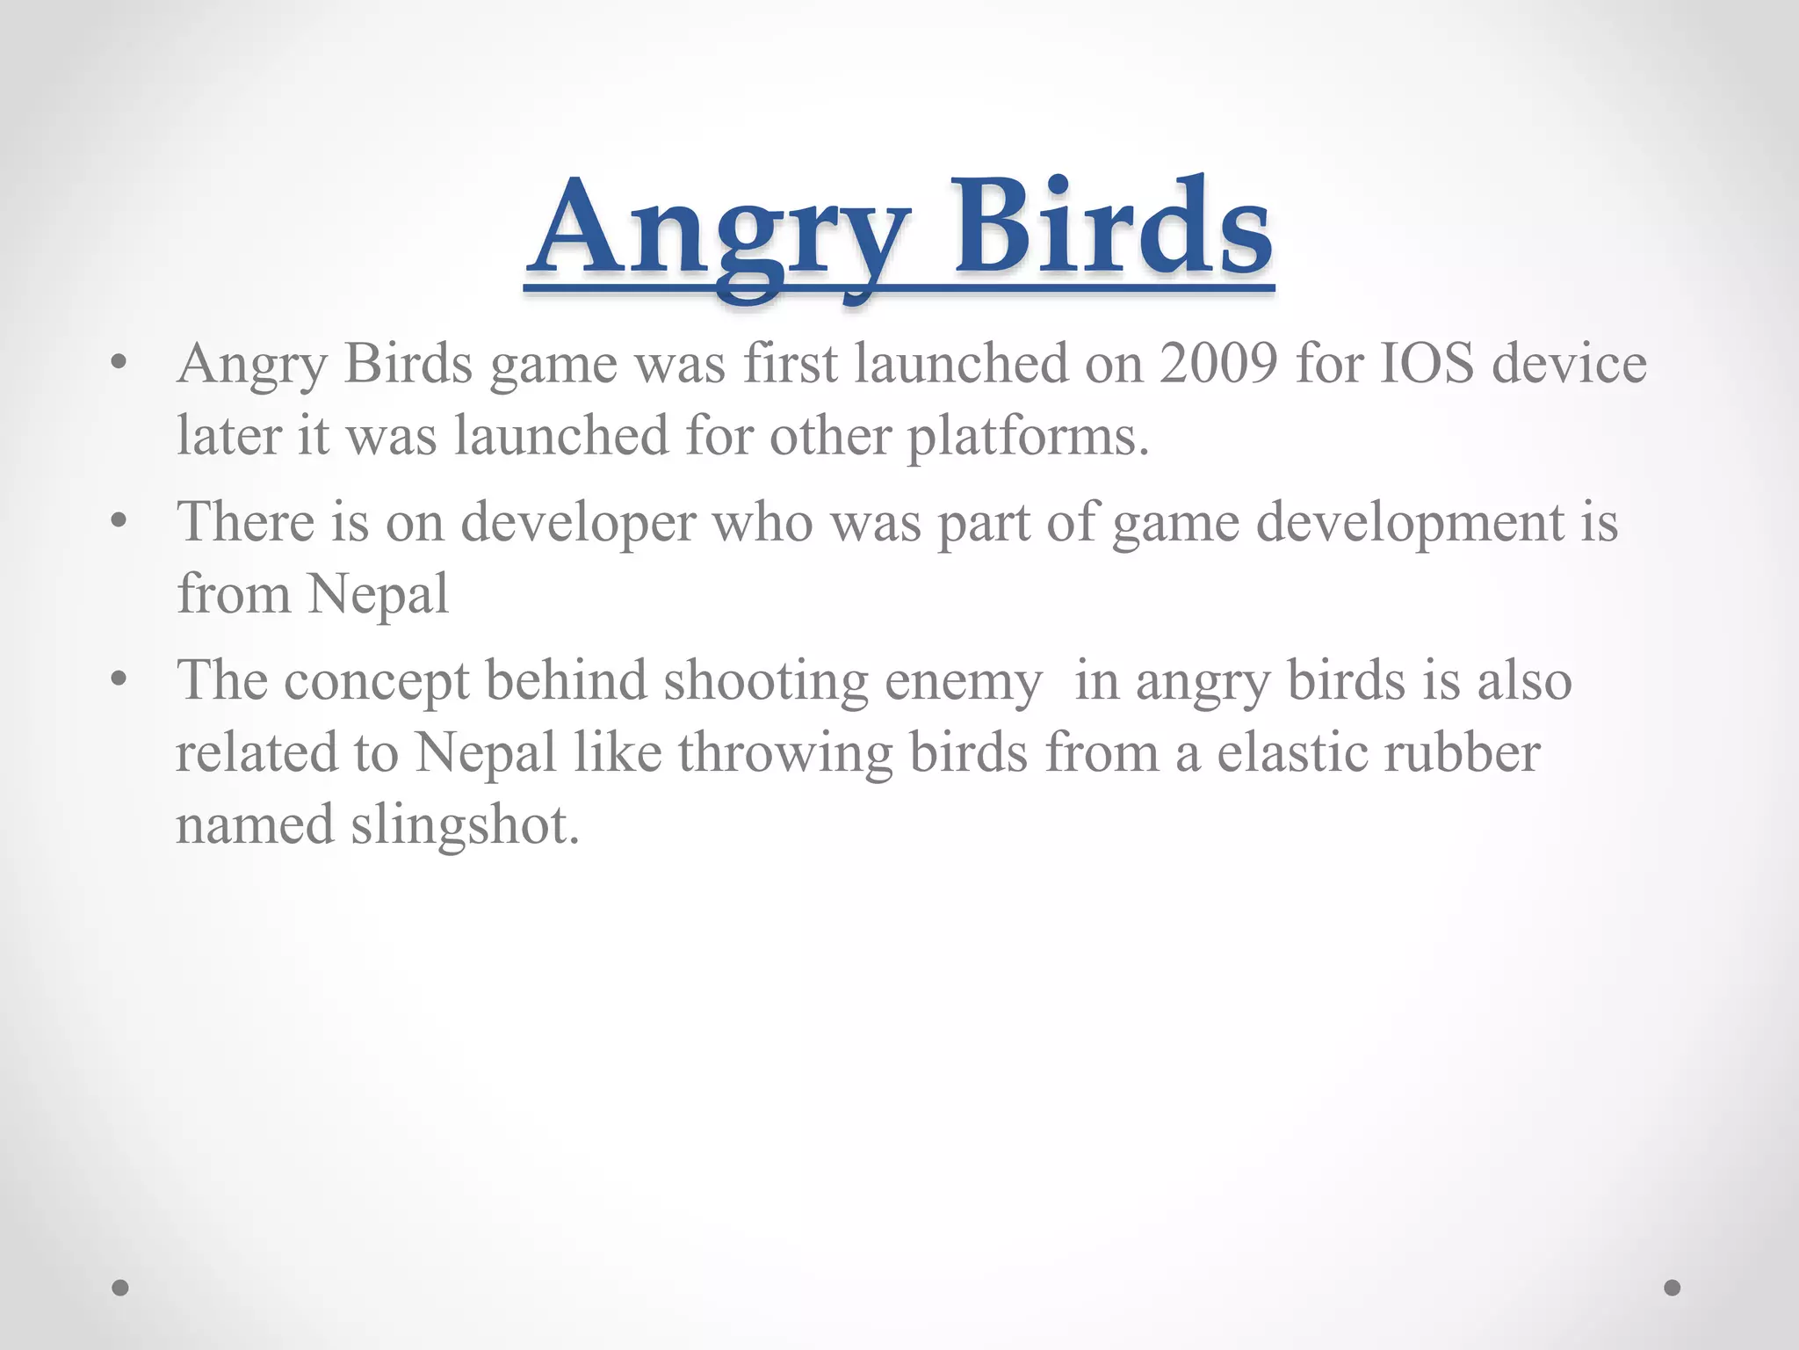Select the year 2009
click(x=1218, y=363)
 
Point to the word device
click(x=1570, y=363)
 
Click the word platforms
click(x=1027, y=437)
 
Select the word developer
click(x=578, y=523)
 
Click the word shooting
click(x=764, y=682)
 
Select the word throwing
click(x=784, y=754)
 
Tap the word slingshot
click(x=465, y=826)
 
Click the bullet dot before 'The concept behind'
click(x=120, y=679)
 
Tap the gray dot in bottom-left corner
click(x=120, y=1288)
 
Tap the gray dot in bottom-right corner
click(x=1673, y=1288)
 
